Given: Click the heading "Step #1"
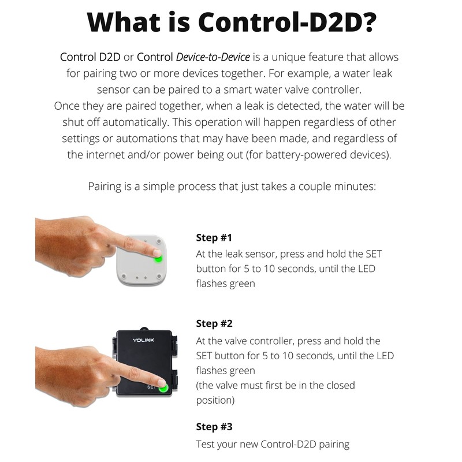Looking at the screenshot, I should [x=214, y=238].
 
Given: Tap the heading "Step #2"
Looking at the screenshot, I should [x=214, y=323].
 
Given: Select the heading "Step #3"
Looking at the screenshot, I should [x=214, y=427].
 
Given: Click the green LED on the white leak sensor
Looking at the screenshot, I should [x=158, y=258].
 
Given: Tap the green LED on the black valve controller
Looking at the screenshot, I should [x=163, y=388].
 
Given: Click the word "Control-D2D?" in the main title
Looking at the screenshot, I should [x=287, y=22].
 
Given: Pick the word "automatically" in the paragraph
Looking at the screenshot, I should [x=141, y=123].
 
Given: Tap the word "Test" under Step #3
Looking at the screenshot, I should [x=206, y=444].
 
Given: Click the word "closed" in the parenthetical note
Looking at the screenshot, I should [x=338, y=385].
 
